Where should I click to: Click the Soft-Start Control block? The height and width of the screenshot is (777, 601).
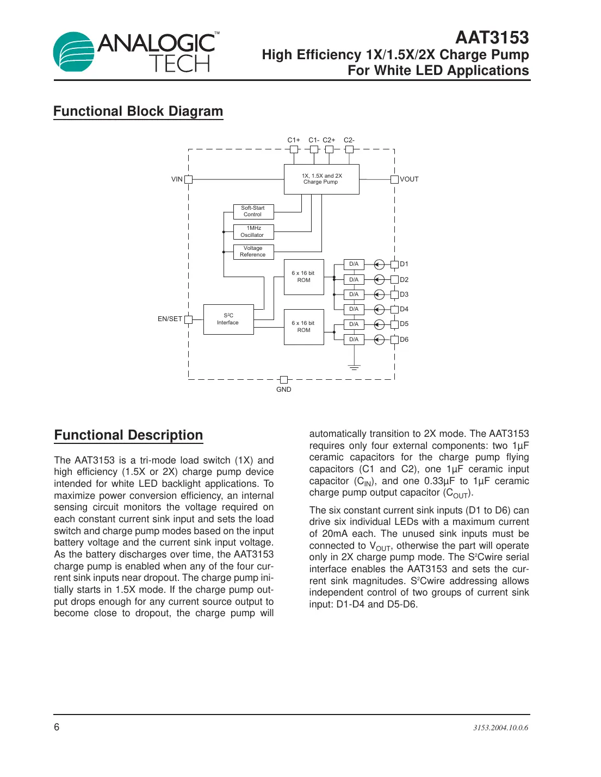pos(253,211)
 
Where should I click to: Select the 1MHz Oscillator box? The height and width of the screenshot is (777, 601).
pos(253,232)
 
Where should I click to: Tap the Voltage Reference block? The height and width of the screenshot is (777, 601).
pos(253,252)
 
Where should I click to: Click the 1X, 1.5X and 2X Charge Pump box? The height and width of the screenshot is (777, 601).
pos(321,179)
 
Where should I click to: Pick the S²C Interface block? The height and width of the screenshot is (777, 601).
pos(228,319)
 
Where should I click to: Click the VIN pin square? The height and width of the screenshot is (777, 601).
pos(188,179)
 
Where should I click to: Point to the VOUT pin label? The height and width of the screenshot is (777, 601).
pos(410,179)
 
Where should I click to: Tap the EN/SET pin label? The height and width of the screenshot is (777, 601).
pos(170,319)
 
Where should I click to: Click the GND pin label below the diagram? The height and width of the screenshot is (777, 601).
pos(283,390)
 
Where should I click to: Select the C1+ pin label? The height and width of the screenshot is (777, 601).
pos(294,140)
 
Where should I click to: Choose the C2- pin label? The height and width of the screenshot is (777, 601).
pos(349,140)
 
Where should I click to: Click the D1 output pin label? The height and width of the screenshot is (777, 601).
pos(404,264)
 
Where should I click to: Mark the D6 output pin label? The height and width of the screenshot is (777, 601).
pos(404,340)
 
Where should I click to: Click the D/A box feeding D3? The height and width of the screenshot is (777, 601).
pos(354,294)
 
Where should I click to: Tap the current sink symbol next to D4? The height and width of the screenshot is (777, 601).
pos(379,309)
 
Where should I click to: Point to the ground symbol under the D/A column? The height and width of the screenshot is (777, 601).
pos(354,368)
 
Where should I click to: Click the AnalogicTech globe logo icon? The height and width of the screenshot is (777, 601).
pos(74,52)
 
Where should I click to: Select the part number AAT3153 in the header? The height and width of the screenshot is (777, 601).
pos(492,37)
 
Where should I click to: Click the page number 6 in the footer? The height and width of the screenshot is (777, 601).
pos(57,727)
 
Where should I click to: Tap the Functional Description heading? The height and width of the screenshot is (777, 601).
pos(128,435)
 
